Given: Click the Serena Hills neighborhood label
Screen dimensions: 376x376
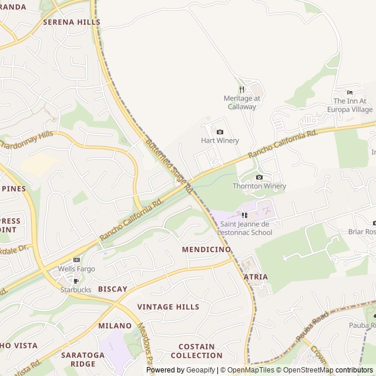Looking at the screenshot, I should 71,22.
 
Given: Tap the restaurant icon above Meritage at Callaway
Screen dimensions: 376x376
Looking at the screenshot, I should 241,89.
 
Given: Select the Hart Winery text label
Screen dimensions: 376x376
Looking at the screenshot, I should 220,140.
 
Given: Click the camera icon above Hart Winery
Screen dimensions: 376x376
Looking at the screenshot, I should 220,132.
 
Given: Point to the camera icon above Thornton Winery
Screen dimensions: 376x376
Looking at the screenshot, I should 259,177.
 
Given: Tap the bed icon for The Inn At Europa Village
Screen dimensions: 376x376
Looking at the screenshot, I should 350,92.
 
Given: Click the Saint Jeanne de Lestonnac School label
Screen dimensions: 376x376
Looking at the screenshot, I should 245,228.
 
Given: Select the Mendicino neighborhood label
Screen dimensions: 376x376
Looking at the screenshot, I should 206,249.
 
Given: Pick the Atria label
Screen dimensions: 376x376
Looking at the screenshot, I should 255,277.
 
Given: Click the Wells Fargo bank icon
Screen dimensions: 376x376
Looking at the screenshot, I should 76,260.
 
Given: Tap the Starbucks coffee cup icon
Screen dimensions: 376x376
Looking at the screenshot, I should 75,281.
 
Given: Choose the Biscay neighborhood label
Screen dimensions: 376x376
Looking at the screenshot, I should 112,289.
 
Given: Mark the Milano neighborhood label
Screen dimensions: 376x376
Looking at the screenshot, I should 115,325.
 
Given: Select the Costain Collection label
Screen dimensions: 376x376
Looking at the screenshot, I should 196,351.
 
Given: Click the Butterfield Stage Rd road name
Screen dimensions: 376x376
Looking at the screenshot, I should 169,166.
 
